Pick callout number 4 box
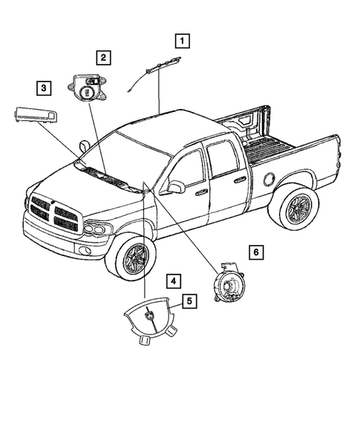(172, 281)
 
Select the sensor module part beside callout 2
(88, 88)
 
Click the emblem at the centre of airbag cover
(150, 317)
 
